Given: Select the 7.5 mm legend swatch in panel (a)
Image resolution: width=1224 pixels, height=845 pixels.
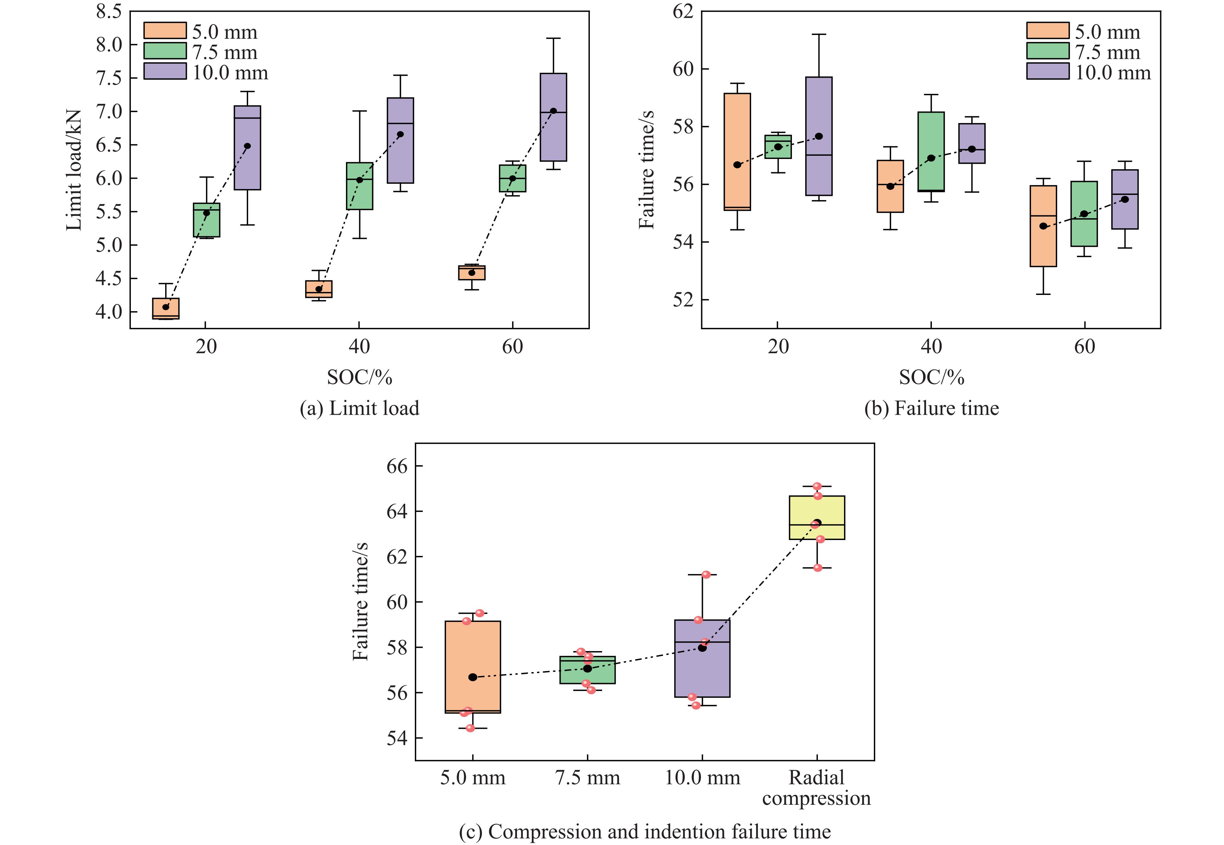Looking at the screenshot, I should coord(165,51).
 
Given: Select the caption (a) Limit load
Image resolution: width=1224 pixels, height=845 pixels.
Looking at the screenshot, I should coord(359,408).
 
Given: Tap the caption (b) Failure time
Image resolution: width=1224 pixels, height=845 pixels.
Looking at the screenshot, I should coord(931,408).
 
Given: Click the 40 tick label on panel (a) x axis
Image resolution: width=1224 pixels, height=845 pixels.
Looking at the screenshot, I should coord(359,347).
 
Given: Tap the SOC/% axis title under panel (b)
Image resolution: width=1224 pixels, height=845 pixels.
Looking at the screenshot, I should coord(931,377).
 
